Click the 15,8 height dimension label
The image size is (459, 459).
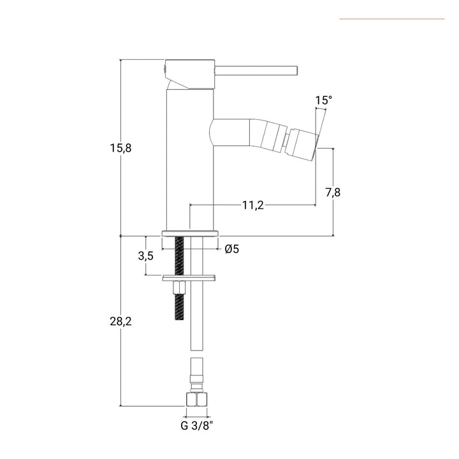pos(120,147)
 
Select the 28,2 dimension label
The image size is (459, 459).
pos(120,322)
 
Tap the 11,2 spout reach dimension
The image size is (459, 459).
pos(253,205)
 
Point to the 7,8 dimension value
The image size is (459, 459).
pos(332,193)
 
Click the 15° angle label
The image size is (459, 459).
pos(323,100)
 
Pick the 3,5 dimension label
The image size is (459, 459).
pos(146,256)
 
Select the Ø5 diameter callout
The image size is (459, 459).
pos(231,249)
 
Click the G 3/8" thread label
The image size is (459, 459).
pos(196,425)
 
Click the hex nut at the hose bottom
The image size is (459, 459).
pos(196,400)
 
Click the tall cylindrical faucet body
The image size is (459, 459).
pos(189,159)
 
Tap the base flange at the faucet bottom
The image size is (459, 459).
pos(190,233)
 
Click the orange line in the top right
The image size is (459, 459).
pos(391,19)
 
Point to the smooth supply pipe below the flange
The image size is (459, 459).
pos(197,312)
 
